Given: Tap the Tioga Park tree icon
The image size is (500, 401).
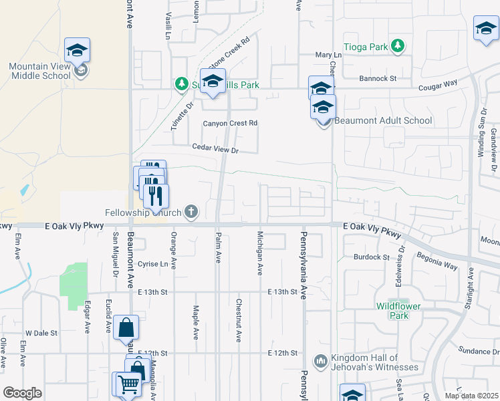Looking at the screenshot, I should [398, 45].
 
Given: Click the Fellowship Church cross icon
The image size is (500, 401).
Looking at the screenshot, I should [191, 213].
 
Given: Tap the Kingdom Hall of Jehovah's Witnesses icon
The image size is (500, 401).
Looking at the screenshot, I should [321, 361].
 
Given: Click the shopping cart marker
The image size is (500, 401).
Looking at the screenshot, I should [127, 384].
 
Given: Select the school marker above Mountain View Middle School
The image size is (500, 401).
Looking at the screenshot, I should [78, 49].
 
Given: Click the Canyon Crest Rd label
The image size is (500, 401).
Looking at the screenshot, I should [231, 124].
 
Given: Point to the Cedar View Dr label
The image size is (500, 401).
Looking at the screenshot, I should [215, 150].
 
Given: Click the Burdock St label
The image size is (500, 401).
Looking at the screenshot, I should [372, 257].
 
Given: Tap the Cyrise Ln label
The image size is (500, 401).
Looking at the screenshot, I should [152, 264].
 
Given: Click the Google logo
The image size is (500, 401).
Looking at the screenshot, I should [22, 393].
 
